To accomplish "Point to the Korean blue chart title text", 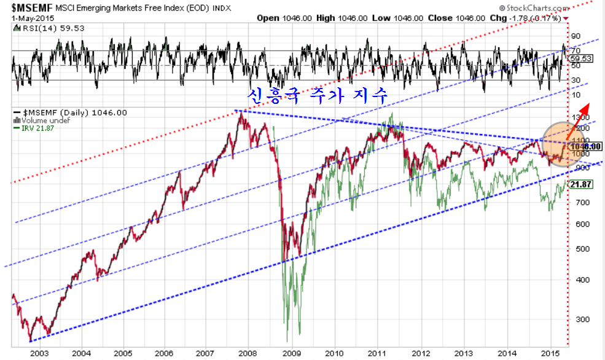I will pyautogui.click(x=318, y=95).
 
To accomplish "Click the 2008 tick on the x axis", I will pyautogui.click(x=248, y=353).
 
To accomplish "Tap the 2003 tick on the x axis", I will pyautogui.click(x=39, y=353).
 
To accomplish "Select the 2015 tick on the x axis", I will pyautogui.click(x=549, y=353).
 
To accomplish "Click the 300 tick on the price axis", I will pyautogui.click(x=582, y=320).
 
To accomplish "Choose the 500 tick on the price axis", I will pyautogui.click(x=582, y=249).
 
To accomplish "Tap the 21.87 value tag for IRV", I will pyautogui.click(x=585, y=184).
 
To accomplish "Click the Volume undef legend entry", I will pyautogui.click(x=41, y=120).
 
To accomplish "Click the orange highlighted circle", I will pyautogui.click(x=563, y=145).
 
